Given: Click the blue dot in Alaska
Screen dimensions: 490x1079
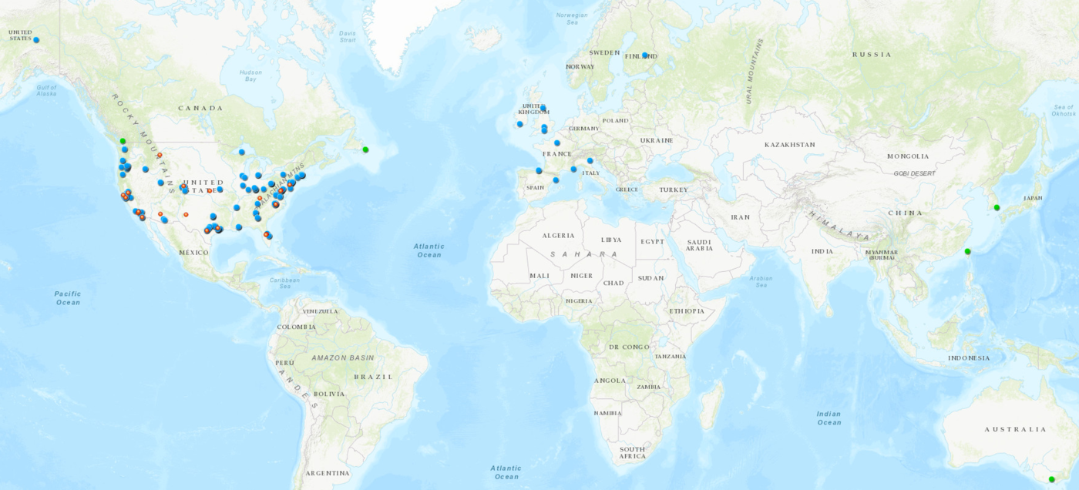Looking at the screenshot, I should [x=36, y=40].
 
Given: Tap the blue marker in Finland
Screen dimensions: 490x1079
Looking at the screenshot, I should [x=644, y=55].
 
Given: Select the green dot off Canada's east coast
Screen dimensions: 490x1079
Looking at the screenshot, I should [x=366, y=149].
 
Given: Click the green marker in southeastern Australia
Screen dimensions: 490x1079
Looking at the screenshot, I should [x=1051, y=479].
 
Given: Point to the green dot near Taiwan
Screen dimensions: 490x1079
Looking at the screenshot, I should [x=968, y=252].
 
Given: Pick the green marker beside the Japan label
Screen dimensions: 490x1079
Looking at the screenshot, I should [x=997, y=207].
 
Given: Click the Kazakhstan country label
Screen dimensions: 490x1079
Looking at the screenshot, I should [x=789, y=145].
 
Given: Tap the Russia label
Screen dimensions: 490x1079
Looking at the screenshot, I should [x=872, y=55].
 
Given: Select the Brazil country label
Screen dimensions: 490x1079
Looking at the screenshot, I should [x=373, y=377].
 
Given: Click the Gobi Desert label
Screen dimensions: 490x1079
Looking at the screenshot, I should [x=915, y=173].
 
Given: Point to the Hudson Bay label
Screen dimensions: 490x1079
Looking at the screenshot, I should [x=250, y=76].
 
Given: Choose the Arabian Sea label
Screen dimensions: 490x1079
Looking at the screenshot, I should [x=761, y=281].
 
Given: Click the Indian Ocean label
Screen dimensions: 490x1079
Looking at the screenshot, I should [x=829, y=418].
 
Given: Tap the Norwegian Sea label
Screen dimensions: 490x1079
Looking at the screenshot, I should [x=572, y=18].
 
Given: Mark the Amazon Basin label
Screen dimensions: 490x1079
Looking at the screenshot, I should [x=343, y=357].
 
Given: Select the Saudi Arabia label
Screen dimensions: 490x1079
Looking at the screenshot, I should [x=699, y=245].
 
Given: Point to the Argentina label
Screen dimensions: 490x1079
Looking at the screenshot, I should [x=328, y=472].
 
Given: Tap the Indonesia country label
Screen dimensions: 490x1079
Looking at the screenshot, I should [x=969, y=357].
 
